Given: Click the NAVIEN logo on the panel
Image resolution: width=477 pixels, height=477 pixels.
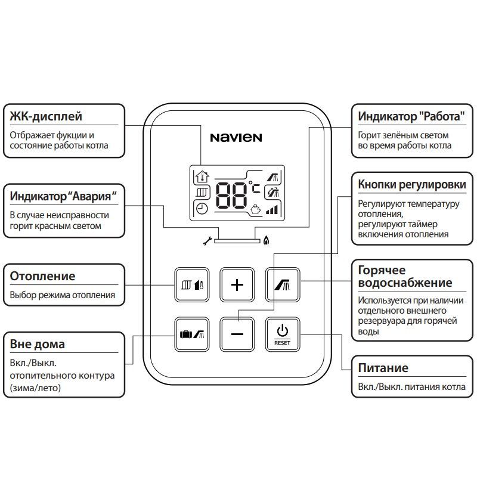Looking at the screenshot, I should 236,138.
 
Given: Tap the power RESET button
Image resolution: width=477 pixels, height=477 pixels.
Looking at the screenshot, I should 282,334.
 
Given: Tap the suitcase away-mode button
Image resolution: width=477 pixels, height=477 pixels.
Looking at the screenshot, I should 191,334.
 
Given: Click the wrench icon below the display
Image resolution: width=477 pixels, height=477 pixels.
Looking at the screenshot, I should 207,241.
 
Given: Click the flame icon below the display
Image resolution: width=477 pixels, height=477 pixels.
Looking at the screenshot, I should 266,241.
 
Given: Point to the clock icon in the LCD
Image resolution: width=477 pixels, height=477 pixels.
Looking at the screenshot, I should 202,209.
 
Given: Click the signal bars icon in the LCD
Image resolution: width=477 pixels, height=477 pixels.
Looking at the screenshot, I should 272,209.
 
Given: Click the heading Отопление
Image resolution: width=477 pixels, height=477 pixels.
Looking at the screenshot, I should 43,276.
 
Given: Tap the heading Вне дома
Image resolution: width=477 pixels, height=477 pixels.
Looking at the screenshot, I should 38,344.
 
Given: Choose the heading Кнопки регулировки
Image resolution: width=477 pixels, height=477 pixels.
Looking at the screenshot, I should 412,185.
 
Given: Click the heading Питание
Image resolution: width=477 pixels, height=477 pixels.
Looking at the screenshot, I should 383,368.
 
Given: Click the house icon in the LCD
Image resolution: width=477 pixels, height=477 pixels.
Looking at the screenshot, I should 202,176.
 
